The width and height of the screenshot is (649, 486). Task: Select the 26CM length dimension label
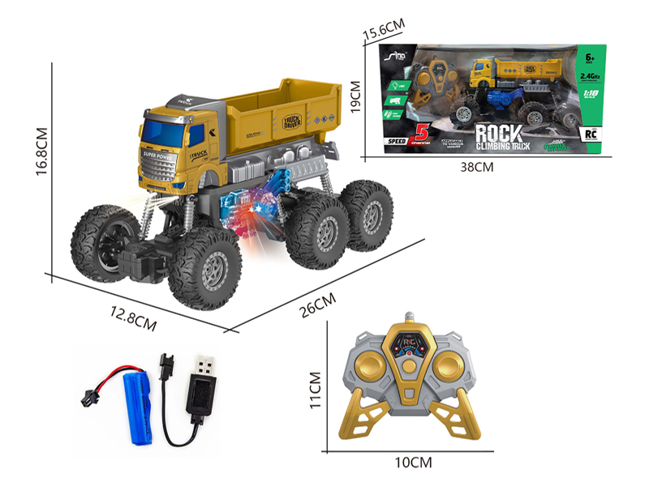pos(314,307)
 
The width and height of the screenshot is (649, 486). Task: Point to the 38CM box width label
pos(476,167)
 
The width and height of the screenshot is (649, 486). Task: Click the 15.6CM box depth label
pos(382,29)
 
